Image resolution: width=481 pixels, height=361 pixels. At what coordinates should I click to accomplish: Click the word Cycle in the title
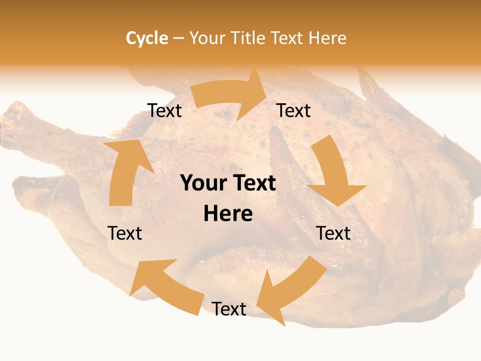tap(147, 38)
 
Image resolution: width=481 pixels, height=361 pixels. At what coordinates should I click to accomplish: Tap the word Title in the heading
tap(247, 38)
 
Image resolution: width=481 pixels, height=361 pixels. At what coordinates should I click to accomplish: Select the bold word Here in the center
tap(228, 214)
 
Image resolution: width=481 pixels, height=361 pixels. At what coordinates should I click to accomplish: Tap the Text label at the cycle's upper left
tap(164, 111)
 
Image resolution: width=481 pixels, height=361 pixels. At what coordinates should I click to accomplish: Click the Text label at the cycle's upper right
tap(294, 111)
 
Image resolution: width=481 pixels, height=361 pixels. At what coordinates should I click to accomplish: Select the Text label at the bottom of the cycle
tap(229, 309)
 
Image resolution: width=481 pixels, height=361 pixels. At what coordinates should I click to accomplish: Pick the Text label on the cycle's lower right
tap(333, 233)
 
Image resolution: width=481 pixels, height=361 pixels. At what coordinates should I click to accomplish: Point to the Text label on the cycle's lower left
tap(125, 233)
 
